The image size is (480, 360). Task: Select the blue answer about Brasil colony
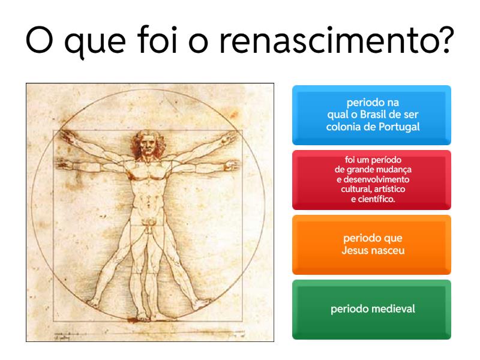pyautogui.click(x=371, y=115)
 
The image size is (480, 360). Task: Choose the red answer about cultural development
pyautogui.click(x=371, y=179)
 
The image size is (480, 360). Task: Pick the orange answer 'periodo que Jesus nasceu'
pyautogui.click(x=371, y=244)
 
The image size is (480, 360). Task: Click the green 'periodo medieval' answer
pyautogui.click(x=371, y=310)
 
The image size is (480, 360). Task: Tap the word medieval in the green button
pyautogui.click(x=391, y=310)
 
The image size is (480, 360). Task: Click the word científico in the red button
pyautogui.click(x=376, y=199)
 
